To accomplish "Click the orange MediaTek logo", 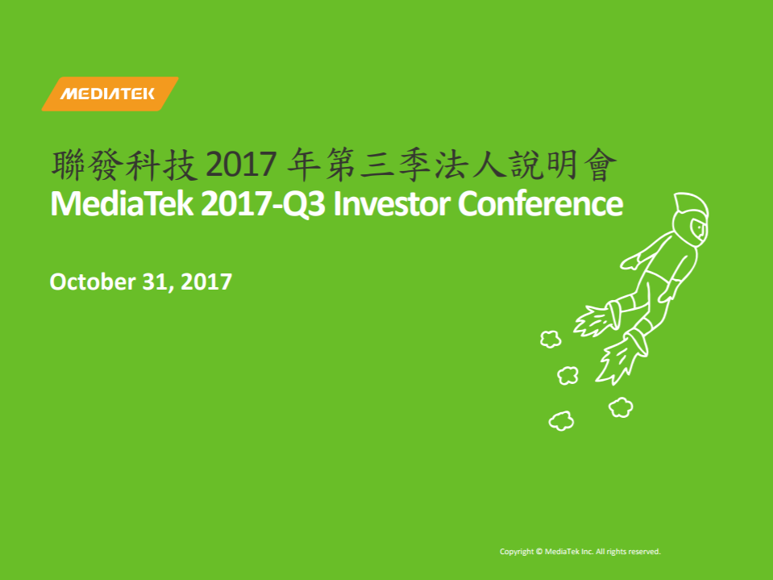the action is tap(110, 94).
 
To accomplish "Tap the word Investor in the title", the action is tap(392, 204).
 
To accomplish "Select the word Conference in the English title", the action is tap(541, 204).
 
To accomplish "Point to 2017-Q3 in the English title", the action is tap(264, 204).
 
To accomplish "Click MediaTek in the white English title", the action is tap(122, 204).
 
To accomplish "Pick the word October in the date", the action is tap(93, 282).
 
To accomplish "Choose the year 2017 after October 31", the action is tap(206, 282).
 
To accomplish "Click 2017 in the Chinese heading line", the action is tap(240, 165).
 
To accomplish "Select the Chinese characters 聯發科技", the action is tap(125, 165).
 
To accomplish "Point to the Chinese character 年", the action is tap(304, 165).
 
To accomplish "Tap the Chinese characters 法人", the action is tap(469, 165).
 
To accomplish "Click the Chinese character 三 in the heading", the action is tap(377, 165).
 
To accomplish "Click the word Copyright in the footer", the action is tap(517, 552).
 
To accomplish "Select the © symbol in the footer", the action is tap(539, 552).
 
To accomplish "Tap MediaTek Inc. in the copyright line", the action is tap(569, 552).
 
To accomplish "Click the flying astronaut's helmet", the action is tap(691, 216).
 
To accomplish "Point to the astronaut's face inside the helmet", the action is tap(698, 227).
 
